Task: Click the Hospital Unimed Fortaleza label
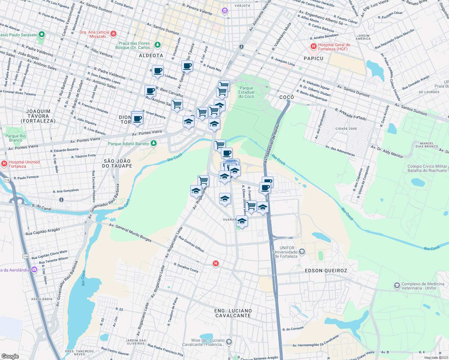[24, 164]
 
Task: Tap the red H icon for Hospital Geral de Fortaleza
[314, 46]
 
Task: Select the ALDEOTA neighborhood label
[151, 55]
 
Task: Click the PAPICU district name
[313, 58]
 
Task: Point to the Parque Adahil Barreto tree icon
[154, 143]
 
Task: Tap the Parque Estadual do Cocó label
[246, 92]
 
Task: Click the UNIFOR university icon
[302, 252]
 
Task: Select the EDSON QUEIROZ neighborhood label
[326, 271]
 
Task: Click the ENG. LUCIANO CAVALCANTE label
[233, 313]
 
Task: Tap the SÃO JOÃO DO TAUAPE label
[117, 163]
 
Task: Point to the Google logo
[10, 356]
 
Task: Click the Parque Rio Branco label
[16, 138]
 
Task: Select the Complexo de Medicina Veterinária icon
[397, 286]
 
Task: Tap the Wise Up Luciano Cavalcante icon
[229, 342]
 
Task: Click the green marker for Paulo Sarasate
[42, 35]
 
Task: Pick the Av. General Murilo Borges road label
[130, 232]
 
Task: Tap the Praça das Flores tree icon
[157, 45]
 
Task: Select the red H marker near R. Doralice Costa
[215, 264]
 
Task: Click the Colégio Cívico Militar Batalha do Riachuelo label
[427, 168]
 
